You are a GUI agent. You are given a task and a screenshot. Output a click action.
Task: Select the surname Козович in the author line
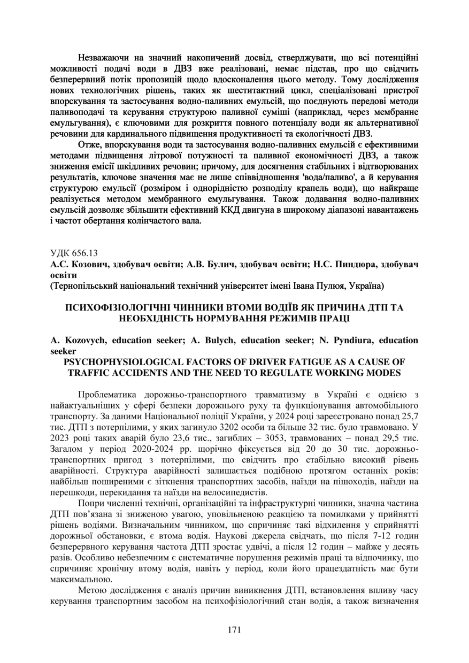(x=87, y=264)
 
